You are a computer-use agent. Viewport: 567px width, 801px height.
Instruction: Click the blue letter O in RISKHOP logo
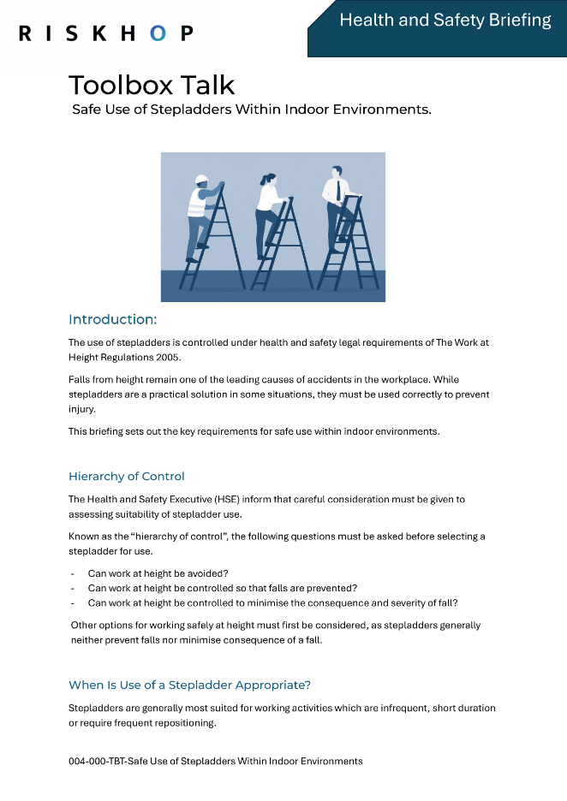point(158,33)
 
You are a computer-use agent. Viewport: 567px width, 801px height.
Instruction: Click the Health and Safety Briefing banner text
point(445,20)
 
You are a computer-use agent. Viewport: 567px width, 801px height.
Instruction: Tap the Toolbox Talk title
point(152,85)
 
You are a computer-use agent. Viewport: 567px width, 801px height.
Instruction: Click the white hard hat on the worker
point(202,180)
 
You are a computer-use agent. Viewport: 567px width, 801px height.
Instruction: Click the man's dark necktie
point(338,190)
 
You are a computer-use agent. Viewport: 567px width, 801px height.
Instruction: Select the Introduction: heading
point(112,319)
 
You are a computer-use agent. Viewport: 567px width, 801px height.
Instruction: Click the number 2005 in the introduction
point(169,357)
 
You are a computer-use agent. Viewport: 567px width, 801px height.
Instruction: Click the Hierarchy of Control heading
point(126,476)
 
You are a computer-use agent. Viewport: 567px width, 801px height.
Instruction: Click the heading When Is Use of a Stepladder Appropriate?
point(189,685)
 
